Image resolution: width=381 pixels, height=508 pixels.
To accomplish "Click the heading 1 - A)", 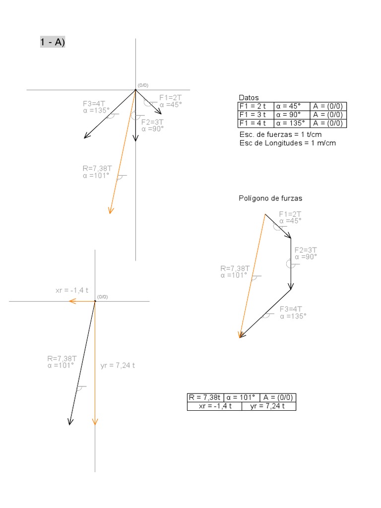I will [x=53, y=43].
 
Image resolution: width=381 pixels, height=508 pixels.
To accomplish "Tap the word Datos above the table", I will [x=249, y=98].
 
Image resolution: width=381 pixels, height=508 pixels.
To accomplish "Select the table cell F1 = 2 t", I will [x=255, y=107].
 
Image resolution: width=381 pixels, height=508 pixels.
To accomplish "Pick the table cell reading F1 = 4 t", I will [x=255, y=124].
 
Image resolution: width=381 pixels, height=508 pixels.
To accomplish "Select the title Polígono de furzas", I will [x=270, y=198].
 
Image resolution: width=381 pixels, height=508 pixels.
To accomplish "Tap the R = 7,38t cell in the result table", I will [x=204, y=397].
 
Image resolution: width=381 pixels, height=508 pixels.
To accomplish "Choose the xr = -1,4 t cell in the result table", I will [x=214, y=406].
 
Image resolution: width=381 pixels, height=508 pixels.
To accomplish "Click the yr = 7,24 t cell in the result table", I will [x=268, y=406].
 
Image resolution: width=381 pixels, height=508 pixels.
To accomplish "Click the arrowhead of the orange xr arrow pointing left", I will [x=71, y=301].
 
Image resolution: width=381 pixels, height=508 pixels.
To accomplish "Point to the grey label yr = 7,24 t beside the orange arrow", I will [x=118, y=366].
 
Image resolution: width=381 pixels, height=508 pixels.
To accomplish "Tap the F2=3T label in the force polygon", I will [x=306, y=250].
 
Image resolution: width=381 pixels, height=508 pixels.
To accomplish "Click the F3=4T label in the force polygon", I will [x=291, y=309].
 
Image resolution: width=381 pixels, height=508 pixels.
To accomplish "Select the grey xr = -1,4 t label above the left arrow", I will [x=72, y=290].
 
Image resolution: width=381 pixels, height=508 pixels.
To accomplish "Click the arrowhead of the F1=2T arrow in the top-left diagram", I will [x=159, y=112].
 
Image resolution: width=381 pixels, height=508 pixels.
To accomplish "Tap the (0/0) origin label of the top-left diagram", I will [x=143, y=85].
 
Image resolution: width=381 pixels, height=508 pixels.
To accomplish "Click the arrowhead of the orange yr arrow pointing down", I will [x=95, y=422].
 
